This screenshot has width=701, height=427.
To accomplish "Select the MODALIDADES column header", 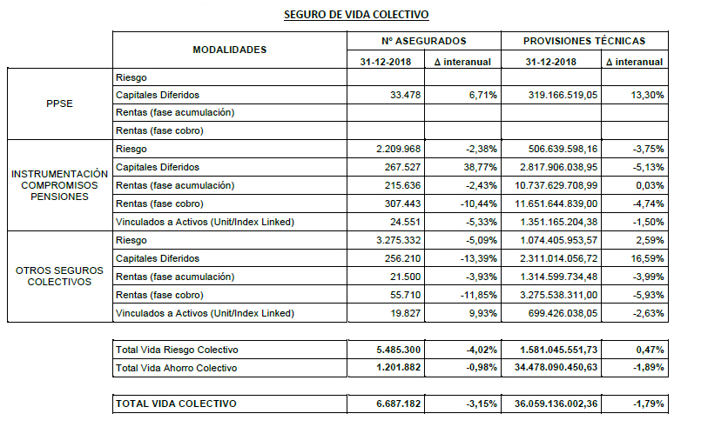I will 229,50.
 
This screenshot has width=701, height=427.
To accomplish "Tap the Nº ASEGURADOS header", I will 423,41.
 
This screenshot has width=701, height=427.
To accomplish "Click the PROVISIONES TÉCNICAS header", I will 584,41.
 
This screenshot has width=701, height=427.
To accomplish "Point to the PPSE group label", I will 59,103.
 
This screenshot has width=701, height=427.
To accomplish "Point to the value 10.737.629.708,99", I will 550,185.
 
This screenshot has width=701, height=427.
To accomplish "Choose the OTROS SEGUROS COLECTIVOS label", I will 59,276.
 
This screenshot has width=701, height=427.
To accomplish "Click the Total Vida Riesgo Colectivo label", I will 177,350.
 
